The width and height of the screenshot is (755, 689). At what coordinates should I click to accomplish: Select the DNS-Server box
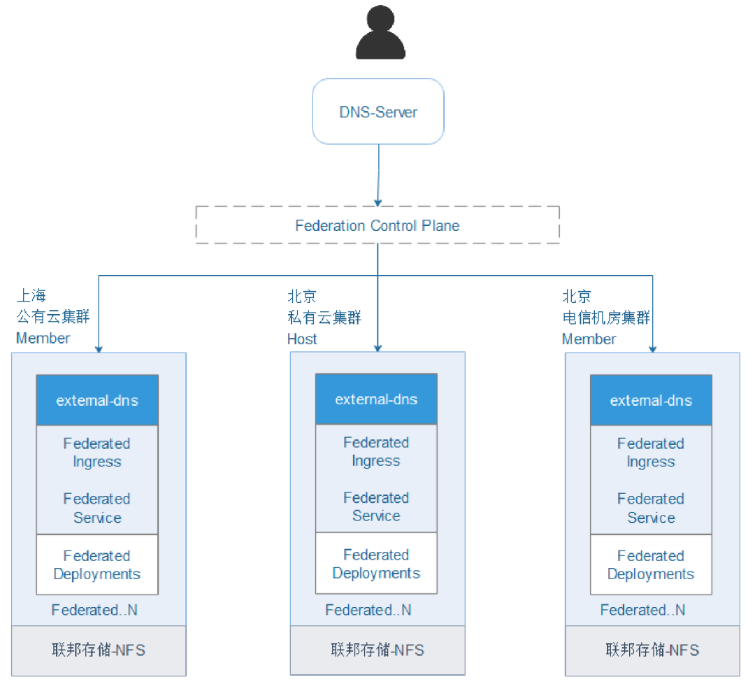(377, 112)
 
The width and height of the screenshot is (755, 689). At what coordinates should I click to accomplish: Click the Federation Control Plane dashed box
(377, 225)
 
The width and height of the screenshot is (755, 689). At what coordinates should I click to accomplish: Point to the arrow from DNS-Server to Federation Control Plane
(378, 175)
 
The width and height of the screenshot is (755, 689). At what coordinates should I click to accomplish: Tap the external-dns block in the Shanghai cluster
(97, 401)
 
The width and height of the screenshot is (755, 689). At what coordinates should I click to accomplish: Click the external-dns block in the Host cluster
(376, 399)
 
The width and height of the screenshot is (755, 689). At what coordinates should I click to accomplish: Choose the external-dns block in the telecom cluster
(651, 401)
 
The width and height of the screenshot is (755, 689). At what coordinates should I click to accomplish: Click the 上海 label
(32, 295)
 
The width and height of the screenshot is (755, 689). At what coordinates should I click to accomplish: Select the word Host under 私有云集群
(302, 339)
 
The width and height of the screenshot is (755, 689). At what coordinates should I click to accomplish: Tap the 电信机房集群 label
(606, 318)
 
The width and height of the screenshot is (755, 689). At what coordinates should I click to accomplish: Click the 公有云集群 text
(53, 317)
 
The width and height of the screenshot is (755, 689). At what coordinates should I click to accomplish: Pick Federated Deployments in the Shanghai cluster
(97, 565)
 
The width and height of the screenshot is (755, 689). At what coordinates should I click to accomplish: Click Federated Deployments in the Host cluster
(376, 564)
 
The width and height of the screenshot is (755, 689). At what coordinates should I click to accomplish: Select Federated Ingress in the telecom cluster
(651, 453)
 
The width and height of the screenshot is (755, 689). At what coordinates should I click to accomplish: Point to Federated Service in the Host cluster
(376, 507)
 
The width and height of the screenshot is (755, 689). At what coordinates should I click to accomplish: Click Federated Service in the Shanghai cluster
(97, 509)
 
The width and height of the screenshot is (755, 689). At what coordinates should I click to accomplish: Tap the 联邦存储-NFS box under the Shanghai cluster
(99, 651)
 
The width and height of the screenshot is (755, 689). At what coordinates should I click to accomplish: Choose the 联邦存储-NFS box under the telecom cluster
(652, 651)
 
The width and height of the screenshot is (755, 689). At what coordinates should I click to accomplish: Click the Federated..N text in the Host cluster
(368, 610)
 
